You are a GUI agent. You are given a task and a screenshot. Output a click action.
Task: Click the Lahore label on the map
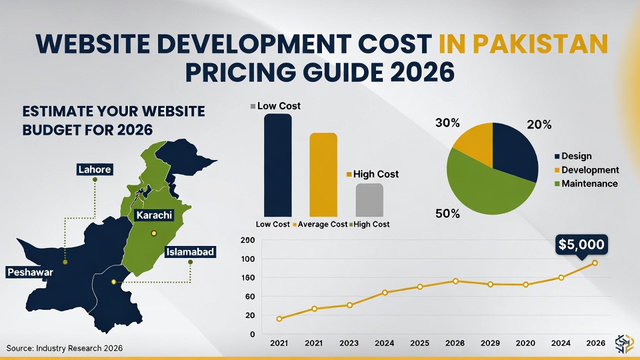(x=94, y=169)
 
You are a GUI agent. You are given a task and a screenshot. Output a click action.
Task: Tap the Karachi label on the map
(x=153, y=215)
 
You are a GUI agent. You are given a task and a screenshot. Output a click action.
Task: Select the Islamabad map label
(x=190, y=252)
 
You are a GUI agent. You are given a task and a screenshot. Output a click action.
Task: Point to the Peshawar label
(x=30, y=272)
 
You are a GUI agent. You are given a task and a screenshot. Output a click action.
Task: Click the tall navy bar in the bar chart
(x=277, y=165)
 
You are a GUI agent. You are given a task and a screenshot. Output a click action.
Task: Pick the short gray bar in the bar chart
(x=369, y=199)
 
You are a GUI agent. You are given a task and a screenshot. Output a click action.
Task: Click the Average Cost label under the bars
(x=322, y=224)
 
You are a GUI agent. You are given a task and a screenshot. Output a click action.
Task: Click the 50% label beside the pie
(x=447, y=213)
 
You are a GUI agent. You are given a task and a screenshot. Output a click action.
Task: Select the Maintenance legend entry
(x=589, y=183)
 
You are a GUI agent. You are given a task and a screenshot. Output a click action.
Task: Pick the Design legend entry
(x=576, y=156)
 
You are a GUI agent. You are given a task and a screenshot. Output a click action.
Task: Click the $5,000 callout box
(x=581, y=244)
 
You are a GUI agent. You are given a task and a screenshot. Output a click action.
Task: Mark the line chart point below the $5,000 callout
(x=594, y=262)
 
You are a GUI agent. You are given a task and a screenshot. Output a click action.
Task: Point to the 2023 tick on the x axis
(x=349, y=343)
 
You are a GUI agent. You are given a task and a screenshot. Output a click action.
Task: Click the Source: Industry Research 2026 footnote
(x=64, y=348)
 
